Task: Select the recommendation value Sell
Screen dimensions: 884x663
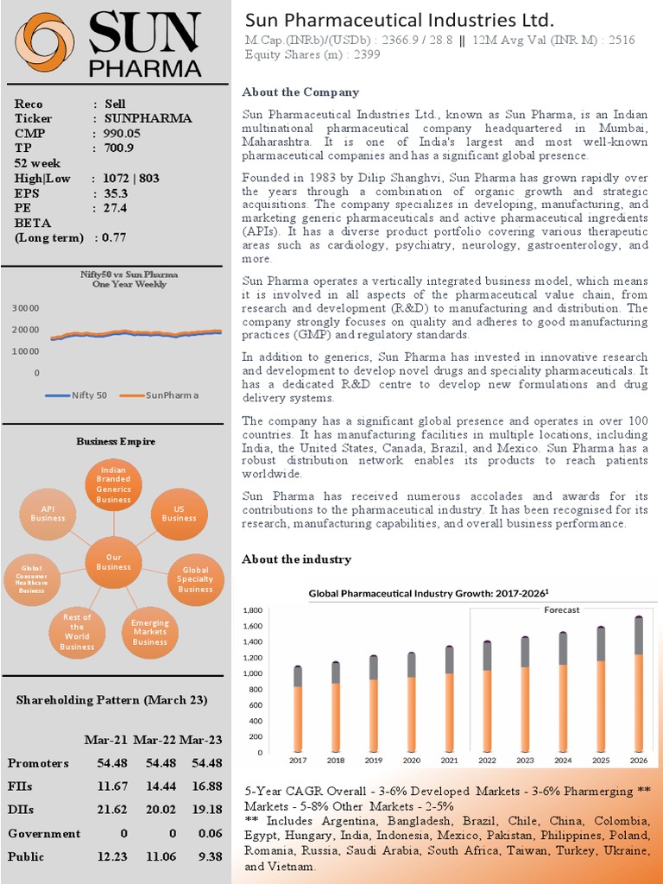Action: (x=115, y=104)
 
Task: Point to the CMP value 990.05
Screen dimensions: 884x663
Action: (x=123, y=133)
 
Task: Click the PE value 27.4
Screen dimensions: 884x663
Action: (x=116, y=208)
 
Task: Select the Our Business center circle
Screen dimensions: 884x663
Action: (x=113, y=562)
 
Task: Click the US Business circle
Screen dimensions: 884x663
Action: (x=179, y=514)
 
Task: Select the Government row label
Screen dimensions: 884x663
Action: (x=43, y=833)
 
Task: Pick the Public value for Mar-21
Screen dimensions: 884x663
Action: (x=111, y=856)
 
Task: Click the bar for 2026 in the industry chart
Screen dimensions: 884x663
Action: (x=638, y=682)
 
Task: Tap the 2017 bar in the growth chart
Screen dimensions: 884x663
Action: (x=298, y=708)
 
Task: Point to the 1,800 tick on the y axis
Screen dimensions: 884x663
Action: (x=272, y=610)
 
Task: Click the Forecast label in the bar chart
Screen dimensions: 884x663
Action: (x=561, y=609)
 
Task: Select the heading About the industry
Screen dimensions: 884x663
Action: (x=296, y=559)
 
